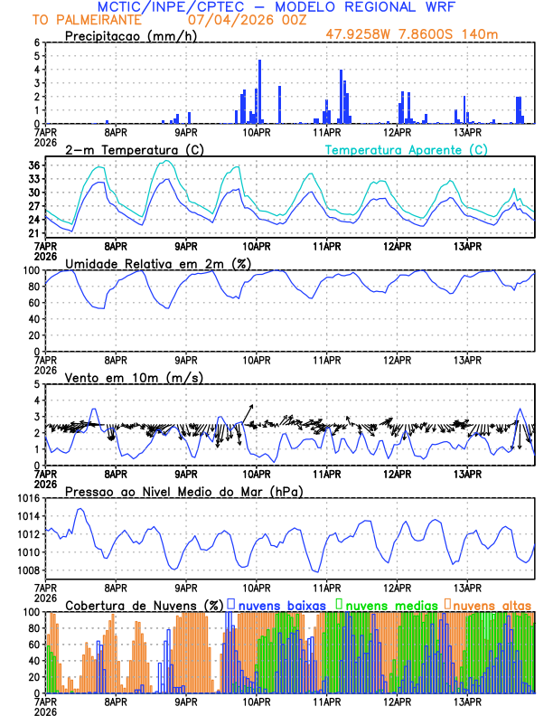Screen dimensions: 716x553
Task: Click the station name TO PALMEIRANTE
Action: point(87,19)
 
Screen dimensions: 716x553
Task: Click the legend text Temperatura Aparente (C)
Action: point(406,149)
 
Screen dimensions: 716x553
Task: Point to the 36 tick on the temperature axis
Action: point(34,165)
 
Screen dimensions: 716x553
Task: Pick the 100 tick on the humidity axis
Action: point(31,270)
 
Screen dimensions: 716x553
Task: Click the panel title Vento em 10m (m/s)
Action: point(134,377)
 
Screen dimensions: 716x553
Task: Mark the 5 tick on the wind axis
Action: point(37,384)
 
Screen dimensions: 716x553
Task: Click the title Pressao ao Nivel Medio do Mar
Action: point(183,491)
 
